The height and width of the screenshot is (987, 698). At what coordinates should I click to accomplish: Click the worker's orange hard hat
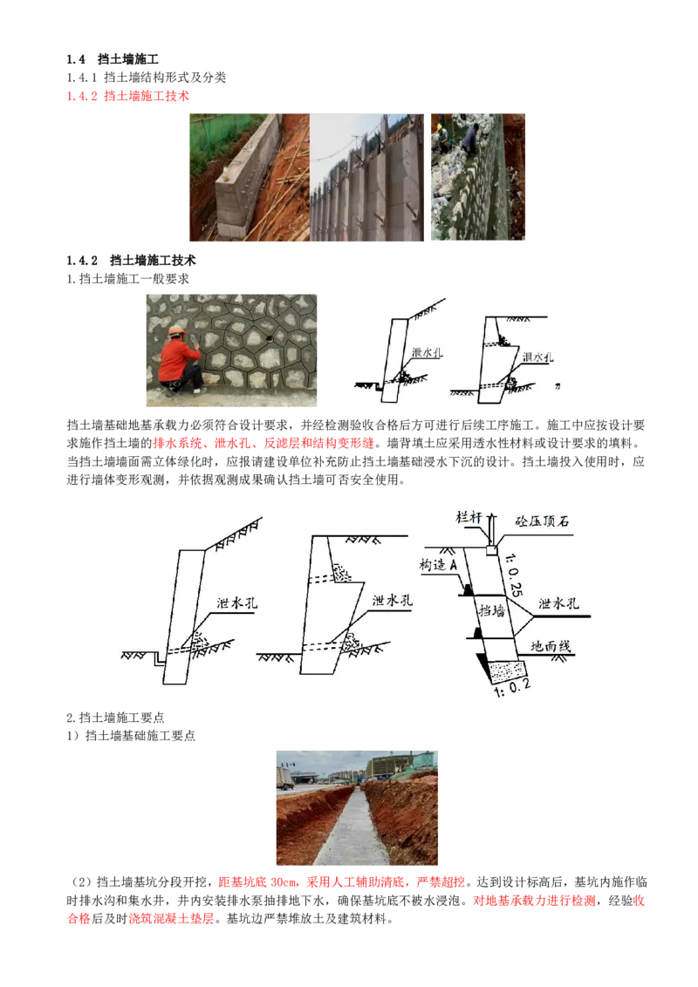coord(175,330)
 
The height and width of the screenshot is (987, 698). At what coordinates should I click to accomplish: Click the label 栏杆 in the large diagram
coord(469,516)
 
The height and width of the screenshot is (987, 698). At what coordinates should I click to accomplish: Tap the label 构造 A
coord(439,565)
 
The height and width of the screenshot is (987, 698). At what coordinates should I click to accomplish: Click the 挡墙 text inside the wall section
coord(492,613)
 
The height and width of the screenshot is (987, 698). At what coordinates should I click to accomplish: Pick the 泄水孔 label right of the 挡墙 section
coord(558,603)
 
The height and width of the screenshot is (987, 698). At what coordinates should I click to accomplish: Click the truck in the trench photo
coord(284,778)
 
